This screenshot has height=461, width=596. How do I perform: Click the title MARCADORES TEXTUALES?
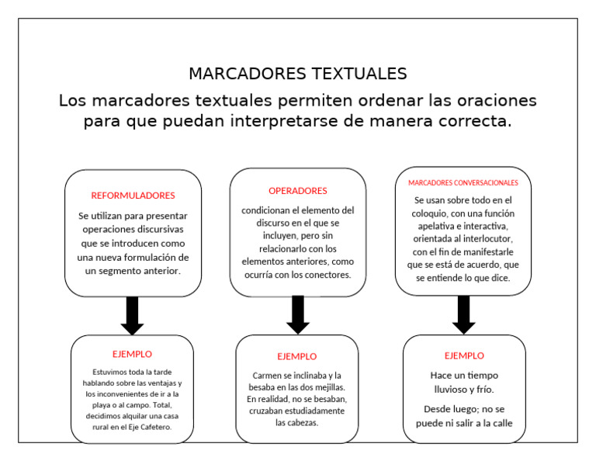tap(297, 74)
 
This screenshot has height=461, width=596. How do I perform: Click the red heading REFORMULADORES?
tap(133, 196)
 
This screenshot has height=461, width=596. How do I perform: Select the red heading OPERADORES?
tap(298, 191)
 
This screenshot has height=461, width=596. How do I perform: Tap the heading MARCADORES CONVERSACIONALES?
tap(463, 183)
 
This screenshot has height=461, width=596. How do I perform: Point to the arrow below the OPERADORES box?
tap(298, 315)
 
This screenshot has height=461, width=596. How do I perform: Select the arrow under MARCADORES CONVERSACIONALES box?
tap(464, 315)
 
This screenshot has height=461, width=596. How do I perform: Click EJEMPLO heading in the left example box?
tap(132, 354)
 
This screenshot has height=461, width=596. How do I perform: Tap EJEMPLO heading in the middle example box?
tap(297, 356)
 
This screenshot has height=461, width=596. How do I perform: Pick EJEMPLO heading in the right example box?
tap(464, 355)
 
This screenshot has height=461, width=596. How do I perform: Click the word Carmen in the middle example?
tap(268, 376)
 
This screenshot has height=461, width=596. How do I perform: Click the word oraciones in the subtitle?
tap(496, 101)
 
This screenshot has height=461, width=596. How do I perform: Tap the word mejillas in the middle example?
tap(327, 387)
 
